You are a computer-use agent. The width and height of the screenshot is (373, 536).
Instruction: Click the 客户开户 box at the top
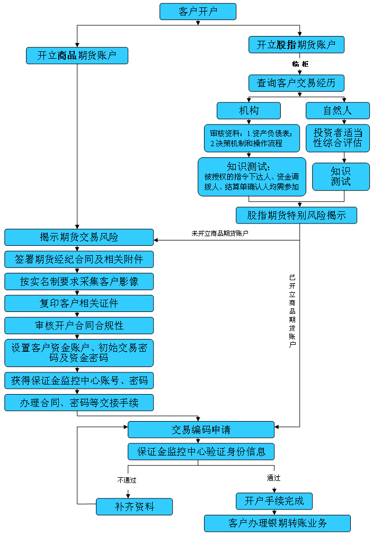point(198,12)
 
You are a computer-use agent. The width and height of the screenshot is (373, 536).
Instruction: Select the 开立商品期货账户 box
point(77,56)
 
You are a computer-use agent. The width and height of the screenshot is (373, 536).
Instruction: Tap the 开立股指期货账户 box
point(296,45)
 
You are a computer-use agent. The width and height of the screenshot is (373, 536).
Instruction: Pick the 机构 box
point(248,110)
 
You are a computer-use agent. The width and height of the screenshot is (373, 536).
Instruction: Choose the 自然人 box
point(338,110)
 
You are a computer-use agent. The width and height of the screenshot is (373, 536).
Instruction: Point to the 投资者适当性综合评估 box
point(338,138)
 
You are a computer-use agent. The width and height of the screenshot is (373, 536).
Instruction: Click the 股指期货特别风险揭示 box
point(296,215)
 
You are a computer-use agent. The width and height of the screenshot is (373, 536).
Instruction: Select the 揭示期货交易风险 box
point(79,237)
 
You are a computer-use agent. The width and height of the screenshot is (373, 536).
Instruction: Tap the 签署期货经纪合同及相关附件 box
point(79,260)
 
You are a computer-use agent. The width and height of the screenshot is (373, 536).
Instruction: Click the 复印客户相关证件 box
point(79,303)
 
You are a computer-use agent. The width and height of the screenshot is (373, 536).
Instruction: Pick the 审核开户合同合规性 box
point(79,325)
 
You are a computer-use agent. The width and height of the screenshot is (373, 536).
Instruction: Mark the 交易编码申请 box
point(201,430)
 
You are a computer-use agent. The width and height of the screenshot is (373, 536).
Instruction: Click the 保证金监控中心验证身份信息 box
point(201,452)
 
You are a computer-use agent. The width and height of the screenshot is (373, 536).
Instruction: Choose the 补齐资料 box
point(134,506)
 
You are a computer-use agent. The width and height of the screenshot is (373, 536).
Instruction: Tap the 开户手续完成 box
point(274,501)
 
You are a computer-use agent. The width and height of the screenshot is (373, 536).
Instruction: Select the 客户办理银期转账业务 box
point(277,523)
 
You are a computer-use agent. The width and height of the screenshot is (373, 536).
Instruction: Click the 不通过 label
point(127,480)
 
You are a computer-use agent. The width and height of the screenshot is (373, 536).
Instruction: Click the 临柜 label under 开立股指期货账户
point(300,64)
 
